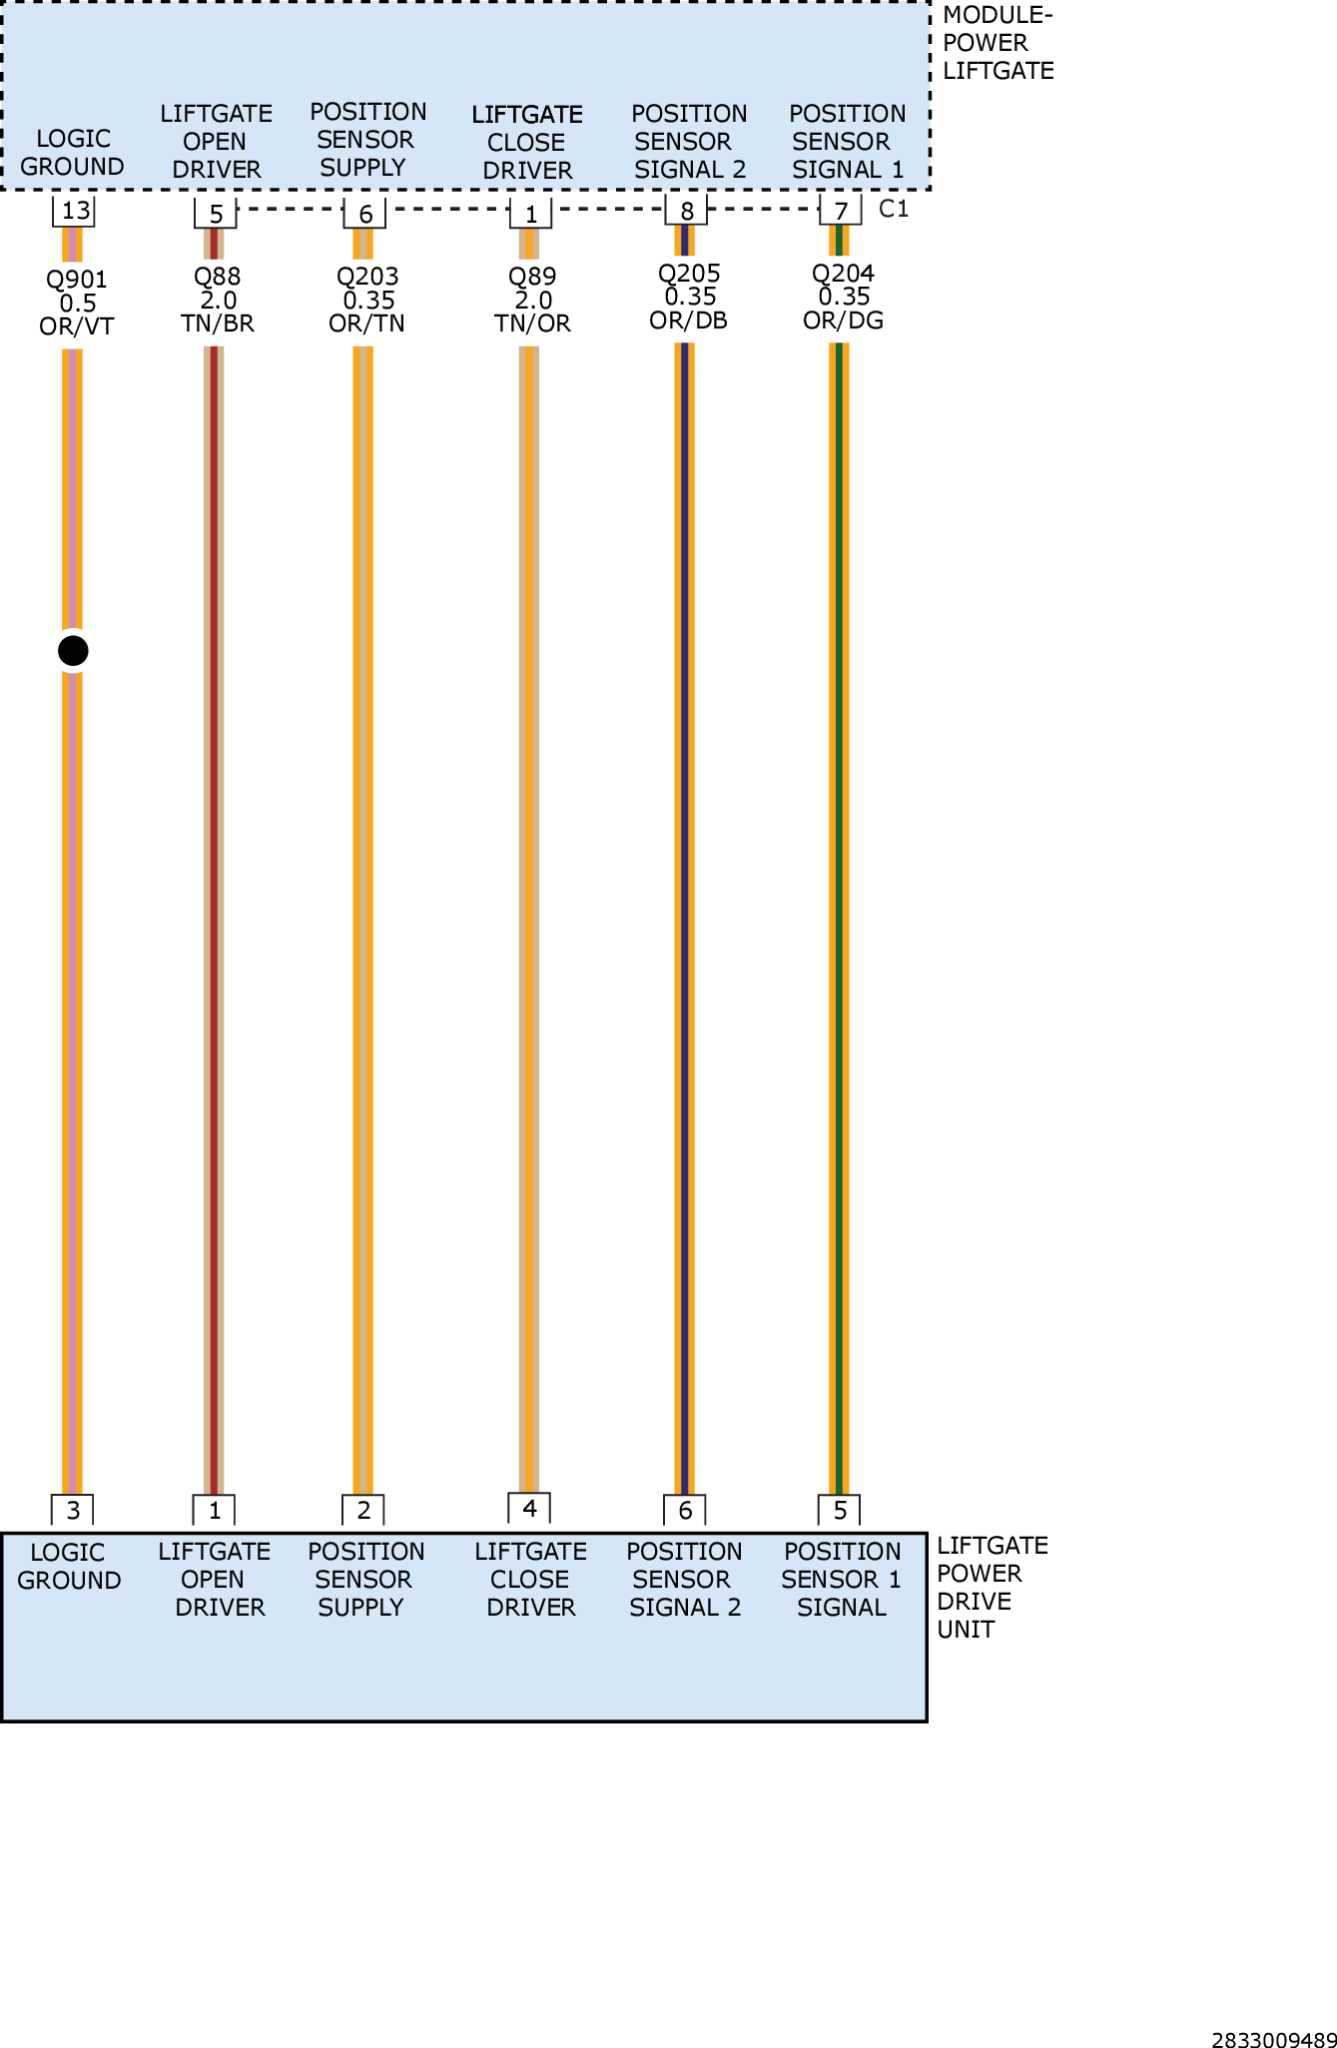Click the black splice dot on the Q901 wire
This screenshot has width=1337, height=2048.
[73, 651]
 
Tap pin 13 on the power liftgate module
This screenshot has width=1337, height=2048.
[75, 211]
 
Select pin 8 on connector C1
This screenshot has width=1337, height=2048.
[686, 211]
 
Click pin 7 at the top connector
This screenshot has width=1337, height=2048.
[841, 211]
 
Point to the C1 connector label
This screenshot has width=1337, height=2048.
[894, 209]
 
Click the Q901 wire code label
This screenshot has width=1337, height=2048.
[77, 280]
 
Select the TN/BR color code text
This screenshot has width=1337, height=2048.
[218, 324]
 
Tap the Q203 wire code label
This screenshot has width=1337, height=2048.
[367, 277]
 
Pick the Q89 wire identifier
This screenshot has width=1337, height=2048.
[532, 277]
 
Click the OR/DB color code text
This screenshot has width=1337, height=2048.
[689, 321]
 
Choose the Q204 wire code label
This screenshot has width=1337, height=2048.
[844, 274]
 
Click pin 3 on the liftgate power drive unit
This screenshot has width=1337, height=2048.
[73, 1510]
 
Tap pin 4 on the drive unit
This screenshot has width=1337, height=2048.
[529, 1508]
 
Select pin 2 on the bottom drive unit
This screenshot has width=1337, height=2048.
[363, 1510]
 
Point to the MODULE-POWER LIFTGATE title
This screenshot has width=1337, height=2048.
[998, 43]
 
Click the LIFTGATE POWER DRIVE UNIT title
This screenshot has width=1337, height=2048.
[992, 1587]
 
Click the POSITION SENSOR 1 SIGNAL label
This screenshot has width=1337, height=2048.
[842, 1579]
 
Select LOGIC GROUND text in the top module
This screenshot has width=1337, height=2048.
[72, 153]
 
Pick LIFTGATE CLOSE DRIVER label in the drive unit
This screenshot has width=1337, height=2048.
[531, 1579]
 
